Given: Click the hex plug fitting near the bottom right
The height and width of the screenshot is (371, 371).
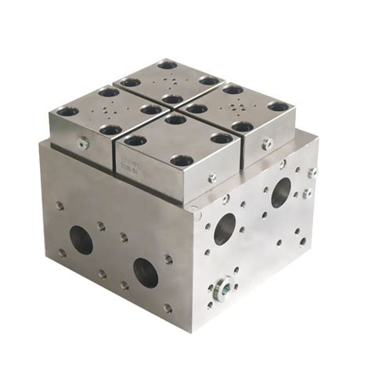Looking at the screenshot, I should (x=224, y=287).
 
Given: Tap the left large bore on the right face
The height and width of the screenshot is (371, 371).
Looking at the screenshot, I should (x=225, y=227).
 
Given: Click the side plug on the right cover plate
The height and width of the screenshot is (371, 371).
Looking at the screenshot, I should (x=268, y=143).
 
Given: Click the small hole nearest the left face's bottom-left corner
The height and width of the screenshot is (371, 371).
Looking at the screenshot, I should (x=61, y=252).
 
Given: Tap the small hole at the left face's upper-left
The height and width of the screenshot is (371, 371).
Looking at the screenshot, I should (x=59, y=207).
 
